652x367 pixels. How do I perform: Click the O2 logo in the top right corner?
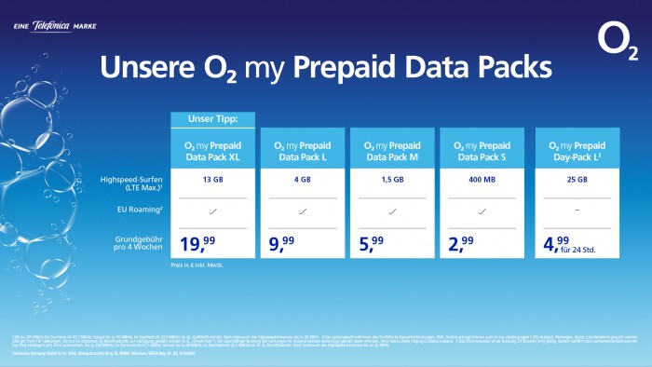coord(618,42)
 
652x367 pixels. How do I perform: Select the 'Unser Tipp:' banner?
coord(213,119)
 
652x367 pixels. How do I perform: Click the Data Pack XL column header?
coord(213,151)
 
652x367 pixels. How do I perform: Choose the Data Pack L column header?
coord(304,151)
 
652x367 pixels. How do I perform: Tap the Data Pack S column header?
coord(482,151)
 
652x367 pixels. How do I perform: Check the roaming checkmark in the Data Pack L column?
coord(304,212)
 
